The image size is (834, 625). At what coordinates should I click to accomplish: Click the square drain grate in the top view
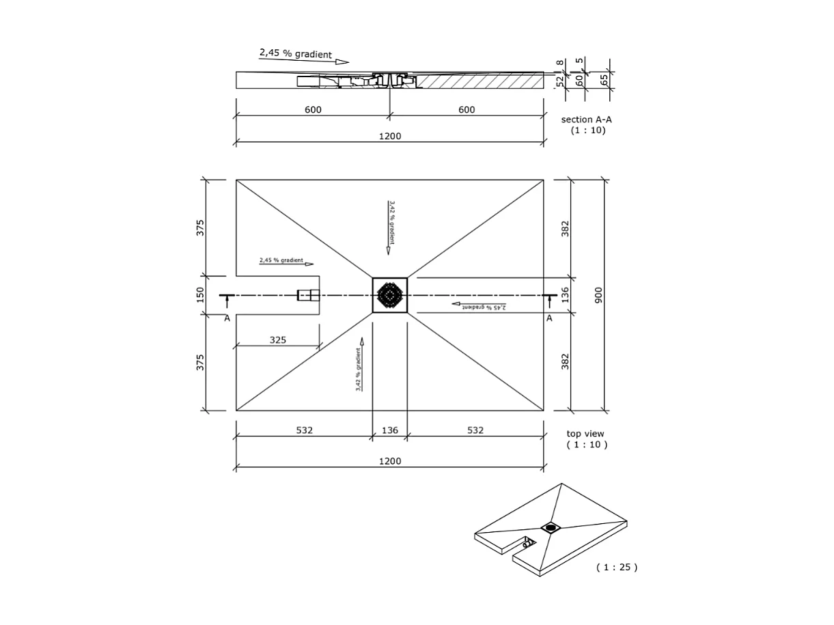click(389, 295)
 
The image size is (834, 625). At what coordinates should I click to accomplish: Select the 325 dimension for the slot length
click(277, 339)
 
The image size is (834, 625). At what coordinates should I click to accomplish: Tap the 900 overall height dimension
click(598, 295)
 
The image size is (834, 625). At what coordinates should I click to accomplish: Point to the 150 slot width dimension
click(200, 294)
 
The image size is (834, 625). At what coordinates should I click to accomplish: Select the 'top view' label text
click(585, 434)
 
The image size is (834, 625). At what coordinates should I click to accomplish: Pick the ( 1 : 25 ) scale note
click(616, 567)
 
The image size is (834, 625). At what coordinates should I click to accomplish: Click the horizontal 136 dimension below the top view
click(389, 430)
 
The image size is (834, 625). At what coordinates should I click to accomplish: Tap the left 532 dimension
click(304, 430)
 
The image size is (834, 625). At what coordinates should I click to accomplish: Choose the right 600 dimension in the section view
click(467, 110)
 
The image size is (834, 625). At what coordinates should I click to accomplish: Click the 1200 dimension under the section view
click(389, 136)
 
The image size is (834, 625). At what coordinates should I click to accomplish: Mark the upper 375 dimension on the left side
click(200, 228)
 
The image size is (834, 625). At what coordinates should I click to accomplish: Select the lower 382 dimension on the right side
click(565, 361)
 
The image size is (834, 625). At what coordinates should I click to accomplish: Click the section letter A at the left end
click(227, 318)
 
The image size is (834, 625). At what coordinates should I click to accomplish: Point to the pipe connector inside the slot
click(308, 295)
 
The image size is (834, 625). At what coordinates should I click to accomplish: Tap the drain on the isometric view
click(551, 527)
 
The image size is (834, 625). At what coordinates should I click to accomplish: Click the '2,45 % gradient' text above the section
click(295, 53)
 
